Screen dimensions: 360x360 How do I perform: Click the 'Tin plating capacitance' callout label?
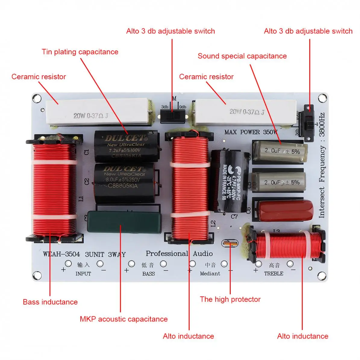click(x=80, y=52)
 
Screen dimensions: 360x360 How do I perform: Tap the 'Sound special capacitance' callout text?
click(x=242, y=56)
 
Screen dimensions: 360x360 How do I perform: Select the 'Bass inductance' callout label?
click(x=50, y=302)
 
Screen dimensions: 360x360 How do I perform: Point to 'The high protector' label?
click(x=230, y=299)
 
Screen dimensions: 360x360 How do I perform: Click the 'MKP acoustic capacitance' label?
click(x=124, y=319)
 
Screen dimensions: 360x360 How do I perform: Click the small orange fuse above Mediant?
click(x=230, y=243)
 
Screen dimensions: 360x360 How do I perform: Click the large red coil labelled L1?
click(x=54, y=190)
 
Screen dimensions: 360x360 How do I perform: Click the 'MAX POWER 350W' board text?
click(x=251, y=132)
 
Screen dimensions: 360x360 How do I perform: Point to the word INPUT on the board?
click(x=83, y=274)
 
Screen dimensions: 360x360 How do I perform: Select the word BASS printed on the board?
click(x=149, y=274)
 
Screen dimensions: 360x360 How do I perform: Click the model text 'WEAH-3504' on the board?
click(x=61, y=254)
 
